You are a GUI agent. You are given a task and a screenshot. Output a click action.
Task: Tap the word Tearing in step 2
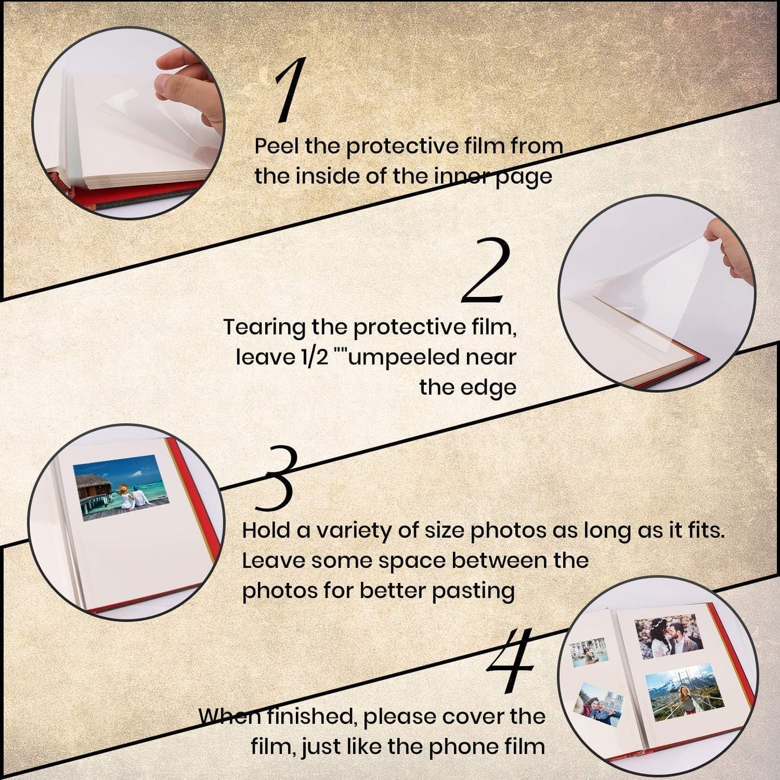264,328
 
